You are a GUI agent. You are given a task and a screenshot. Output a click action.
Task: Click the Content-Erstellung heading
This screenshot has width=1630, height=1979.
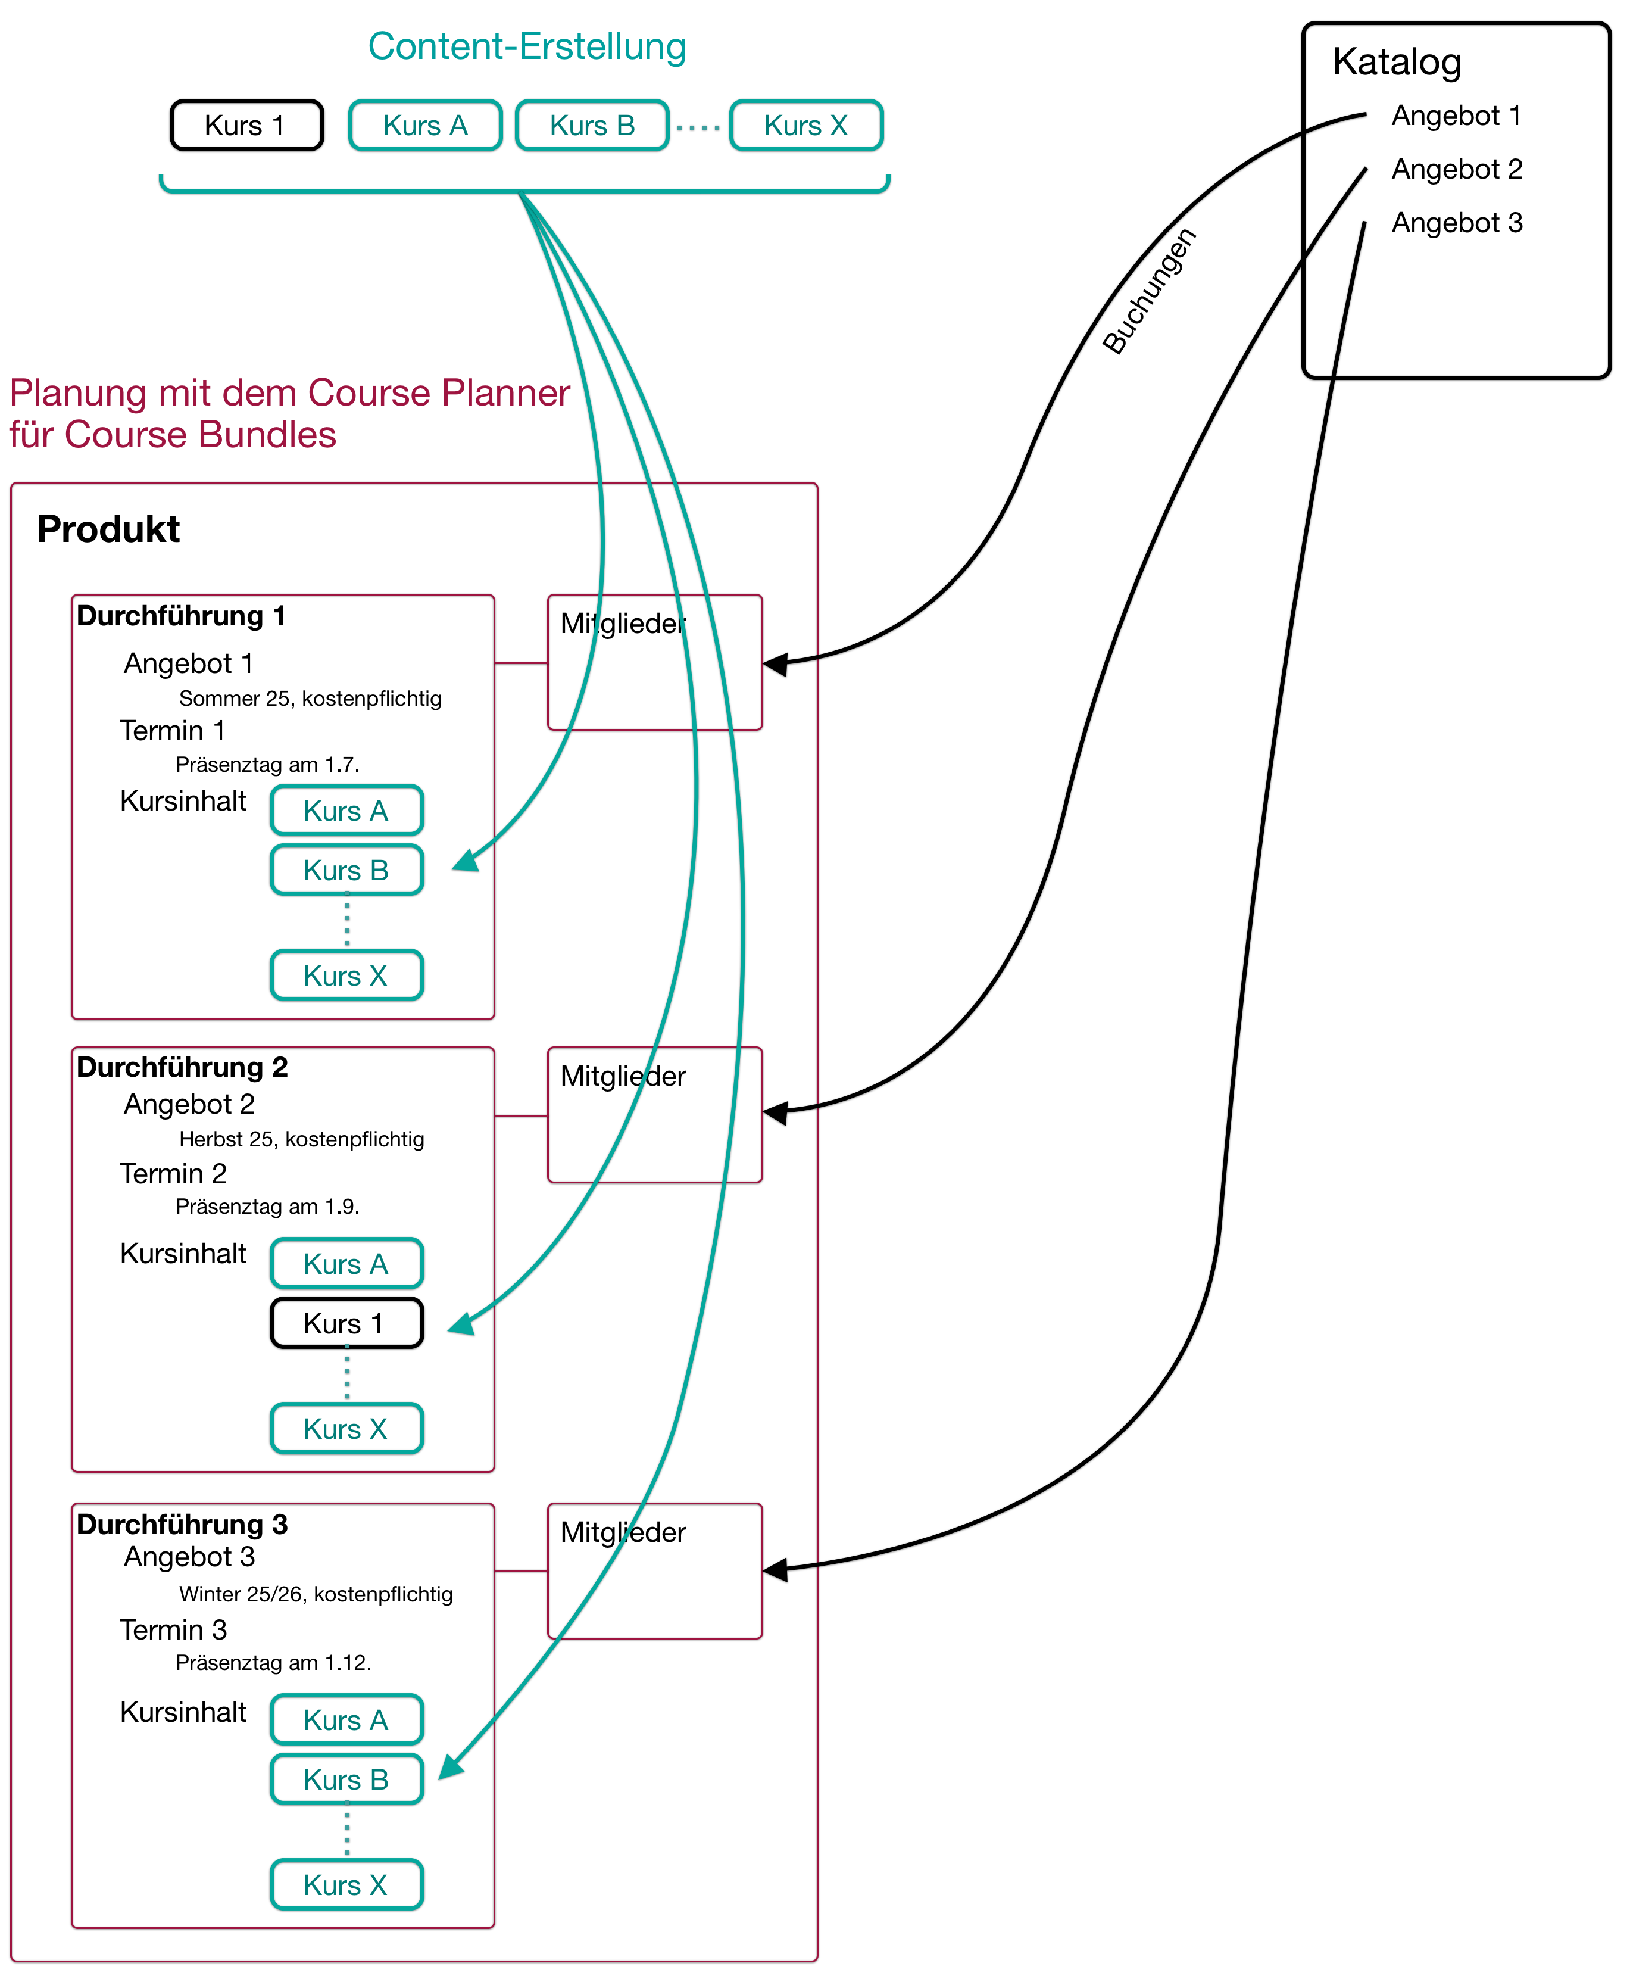(527, 47)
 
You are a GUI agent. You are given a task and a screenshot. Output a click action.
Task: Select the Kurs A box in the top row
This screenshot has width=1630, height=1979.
(425, 125)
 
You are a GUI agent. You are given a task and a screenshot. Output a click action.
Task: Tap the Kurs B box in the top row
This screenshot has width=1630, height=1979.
(592, 125)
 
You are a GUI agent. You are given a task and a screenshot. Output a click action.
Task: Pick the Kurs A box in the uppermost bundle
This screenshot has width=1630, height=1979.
(346, 809)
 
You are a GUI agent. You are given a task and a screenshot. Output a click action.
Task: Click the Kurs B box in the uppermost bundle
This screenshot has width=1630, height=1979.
(346, 869)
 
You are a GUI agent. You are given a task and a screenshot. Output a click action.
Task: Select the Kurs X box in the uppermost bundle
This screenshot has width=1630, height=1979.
(346, 975)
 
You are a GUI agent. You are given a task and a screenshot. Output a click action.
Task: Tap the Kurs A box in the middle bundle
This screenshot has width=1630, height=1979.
(346, 1263)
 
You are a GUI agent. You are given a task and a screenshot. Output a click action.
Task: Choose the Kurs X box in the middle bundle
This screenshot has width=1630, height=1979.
(346, 1429)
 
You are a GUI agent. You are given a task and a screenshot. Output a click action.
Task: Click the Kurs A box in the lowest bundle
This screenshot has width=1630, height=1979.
(346, 1720)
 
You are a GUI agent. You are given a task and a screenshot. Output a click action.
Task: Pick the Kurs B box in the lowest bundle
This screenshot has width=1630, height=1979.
(346, 1779)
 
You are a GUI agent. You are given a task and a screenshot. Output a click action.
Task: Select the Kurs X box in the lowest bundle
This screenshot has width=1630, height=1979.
(346, 1884)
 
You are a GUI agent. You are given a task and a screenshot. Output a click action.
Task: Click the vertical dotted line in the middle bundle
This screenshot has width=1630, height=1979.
(348, 1372)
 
